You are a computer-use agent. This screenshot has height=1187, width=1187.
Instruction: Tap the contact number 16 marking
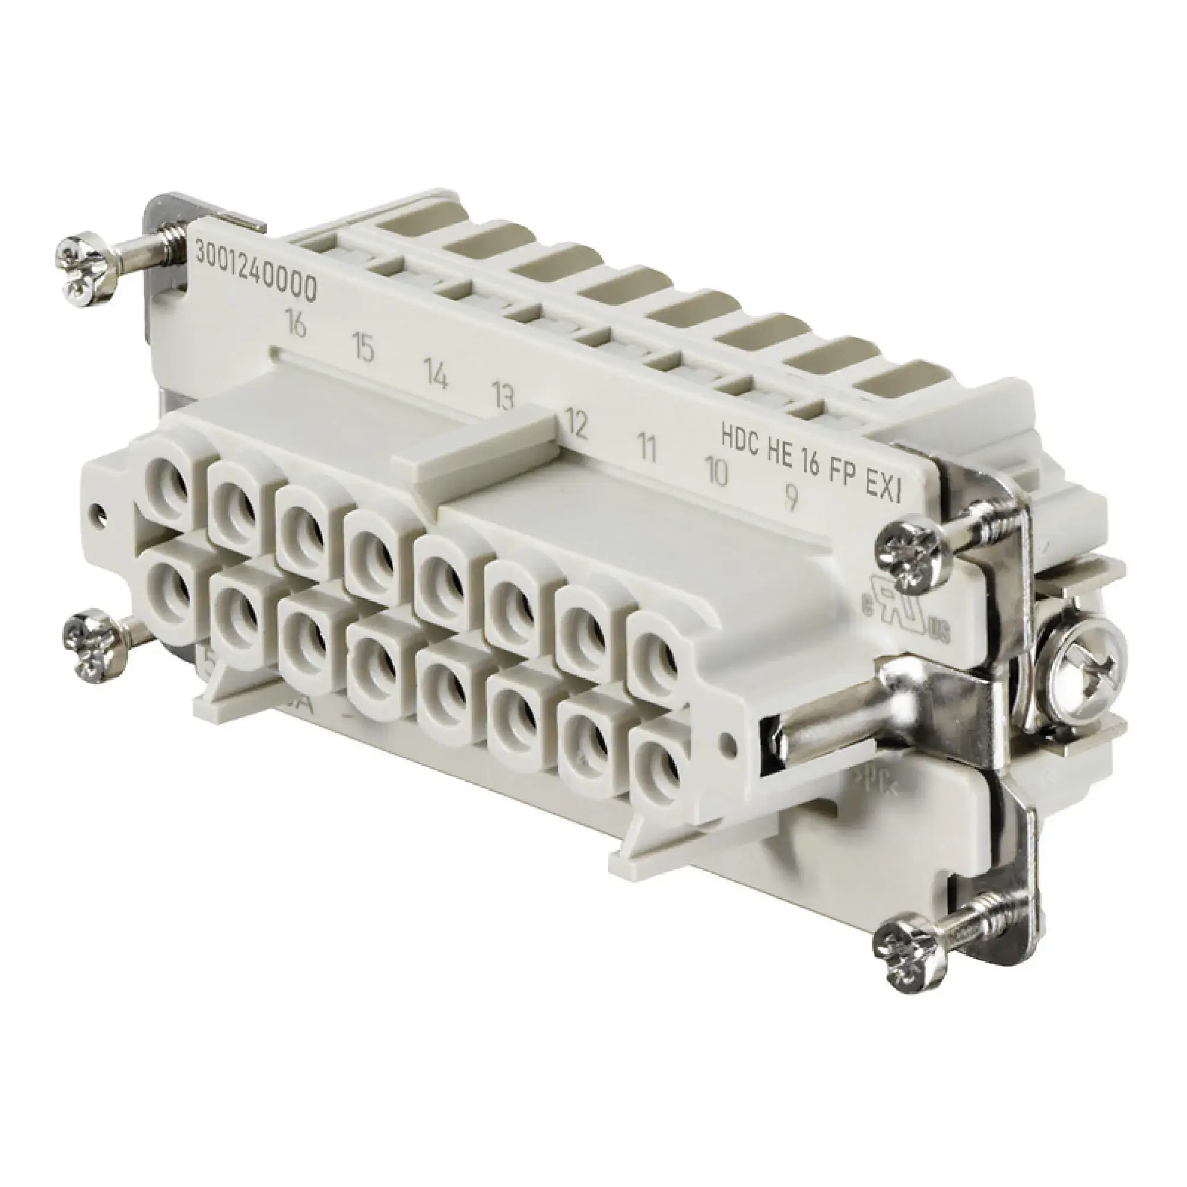[296, 324]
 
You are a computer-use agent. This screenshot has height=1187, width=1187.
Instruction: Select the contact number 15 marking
[363, 348]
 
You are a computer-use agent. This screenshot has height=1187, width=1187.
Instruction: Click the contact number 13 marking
[503, 398]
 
